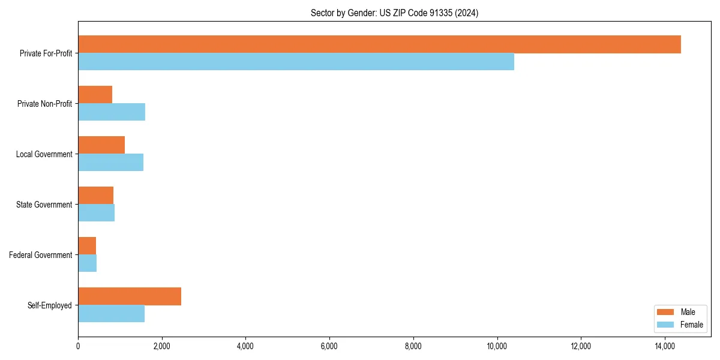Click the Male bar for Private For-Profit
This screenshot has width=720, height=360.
[379, 44]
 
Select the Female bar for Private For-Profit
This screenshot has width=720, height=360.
[296, 62]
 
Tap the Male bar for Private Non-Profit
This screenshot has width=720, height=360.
[95, 95]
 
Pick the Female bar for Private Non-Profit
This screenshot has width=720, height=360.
[112, 112]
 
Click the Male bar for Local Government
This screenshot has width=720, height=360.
[101, 145]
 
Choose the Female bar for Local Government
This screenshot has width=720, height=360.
[110, 163]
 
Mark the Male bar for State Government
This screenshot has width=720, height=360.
[95, 196]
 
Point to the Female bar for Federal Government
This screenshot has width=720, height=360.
[87, 263]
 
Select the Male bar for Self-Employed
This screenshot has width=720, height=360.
[130, 296]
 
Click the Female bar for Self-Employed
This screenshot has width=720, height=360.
[111, 314]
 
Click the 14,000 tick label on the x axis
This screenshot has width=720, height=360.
[665, 346]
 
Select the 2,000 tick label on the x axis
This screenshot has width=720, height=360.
[161, 346]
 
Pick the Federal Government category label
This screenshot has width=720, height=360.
[41, 255]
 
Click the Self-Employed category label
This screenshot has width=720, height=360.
[50, 305]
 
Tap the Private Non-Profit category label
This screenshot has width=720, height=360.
[44, 104]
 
